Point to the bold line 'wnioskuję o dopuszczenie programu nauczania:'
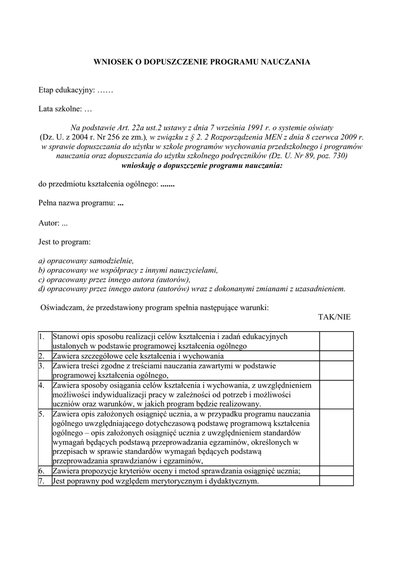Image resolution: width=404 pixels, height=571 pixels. pyautogui.click(x=201, y=166)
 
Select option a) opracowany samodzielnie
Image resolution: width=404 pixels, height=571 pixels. pyautogui.click(x=86, y=260)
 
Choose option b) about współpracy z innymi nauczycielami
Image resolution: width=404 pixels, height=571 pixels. pyautogui.click(x=128, y=270)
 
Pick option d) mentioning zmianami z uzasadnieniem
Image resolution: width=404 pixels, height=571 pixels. pyautogui.click(x=192, y=289)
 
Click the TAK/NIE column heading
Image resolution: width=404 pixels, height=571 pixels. pyautogui.click(x=334, y=317)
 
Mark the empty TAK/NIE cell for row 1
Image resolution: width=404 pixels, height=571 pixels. pyautogui.click(x=336, y=341)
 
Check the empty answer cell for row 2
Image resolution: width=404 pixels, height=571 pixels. pyautogui.click(x=336, y=356)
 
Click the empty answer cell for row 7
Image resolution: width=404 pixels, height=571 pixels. pyautogui.click(x=336, y=481)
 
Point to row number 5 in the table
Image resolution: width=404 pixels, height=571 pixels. pyautogui.click(x=42, y=414)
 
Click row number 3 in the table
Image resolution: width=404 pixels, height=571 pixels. pyautogui.click(x=42, y=366)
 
